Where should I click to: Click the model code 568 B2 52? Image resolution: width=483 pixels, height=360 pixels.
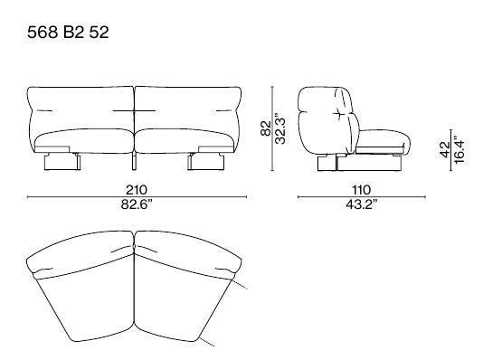[x=68, y=32]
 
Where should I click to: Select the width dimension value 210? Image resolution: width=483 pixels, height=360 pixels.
[x=137, y=190]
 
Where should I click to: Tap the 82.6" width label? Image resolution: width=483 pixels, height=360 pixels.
[x=137, y=204]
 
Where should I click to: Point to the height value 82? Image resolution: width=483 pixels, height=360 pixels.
[x=266, y=128]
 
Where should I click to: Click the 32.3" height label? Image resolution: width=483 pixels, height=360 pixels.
[x=280, y=128]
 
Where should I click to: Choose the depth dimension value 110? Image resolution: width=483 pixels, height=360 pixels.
[x=361, y=190]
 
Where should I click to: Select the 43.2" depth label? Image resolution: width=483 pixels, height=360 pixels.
[x=361, y=204]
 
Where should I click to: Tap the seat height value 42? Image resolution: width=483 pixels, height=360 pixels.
[x=445, y=149]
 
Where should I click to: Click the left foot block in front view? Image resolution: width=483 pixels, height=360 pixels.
[x=62, y=162]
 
